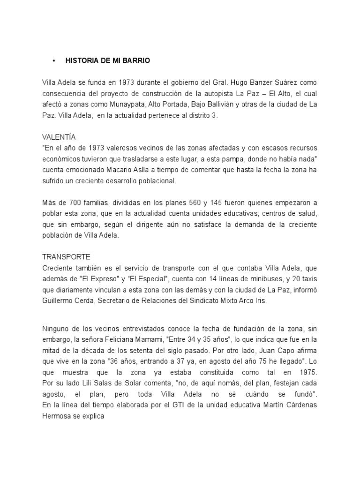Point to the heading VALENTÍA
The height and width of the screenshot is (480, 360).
[59, 137]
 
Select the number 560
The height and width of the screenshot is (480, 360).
[195, 203]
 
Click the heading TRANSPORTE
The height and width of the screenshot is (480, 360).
[66, 257]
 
